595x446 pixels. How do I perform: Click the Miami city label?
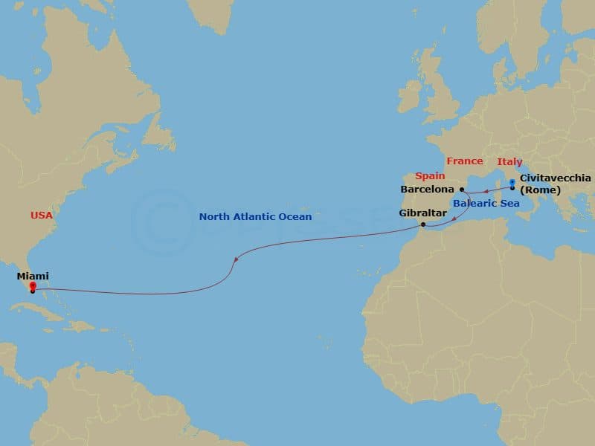pos(33,276)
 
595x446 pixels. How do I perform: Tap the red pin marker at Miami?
pos(33,285)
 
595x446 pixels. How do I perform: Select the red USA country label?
pos(42,216)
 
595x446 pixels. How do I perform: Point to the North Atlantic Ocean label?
pos(255,217)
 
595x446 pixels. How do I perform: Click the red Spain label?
pos(430,176)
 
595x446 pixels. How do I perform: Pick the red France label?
pos(464,161)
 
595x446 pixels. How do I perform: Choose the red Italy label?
pos(510,162)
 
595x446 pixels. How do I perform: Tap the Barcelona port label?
pos(427,190)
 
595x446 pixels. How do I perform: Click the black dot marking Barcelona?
pos(462,190)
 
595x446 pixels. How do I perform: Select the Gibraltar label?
pos(422,213)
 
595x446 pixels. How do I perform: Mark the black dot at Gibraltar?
pos(422,224)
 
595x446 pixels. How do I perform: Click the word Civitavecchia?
pos(556,178)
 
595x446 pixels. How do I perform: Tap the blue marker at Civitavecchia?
pos(512,181)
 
